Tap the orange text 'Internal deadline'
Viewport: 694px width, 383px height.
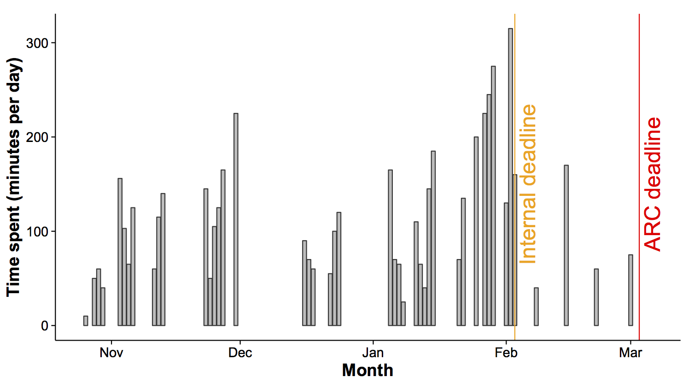point(528,184)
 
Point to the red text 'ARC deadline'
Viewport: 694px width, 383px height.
point(653,184)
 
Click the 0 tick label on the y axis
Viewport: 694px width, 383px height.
point(45,326)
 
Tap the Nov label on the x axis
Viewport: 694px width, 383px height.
point(111,353)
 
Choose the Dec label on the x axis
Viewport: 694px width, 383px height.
point(240,353)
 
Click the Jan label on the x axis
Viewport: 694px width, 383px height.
point(373,353)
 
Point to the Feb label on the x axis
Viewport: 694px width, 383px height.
point(506,353)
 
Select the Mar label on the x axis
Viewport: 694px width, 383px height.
point(630,353)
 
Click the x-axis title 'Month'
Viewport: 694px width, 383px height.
point(367,371)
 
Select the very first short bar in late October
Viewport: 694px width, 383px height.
point(86,321)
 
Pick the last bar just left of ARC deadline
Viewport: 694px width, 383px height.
point(630,290)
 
